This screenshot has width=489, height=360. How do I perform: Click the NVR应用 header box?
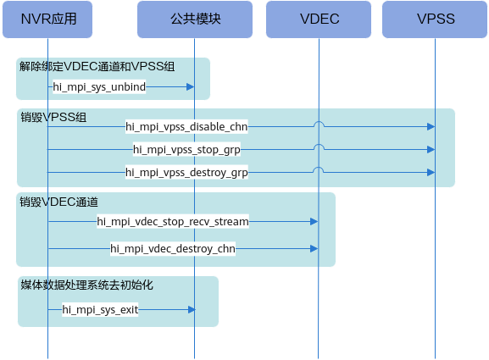(47, 19)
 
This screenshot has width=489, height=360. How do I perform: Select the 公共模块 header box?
(195, 19)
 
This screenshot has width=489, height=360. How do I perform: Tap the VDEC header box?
(319, 19)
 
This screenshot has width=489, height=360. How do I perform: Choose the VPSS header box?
(435, 19)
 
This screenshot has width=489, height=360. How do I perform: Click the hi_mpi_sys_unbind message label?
(99, 86)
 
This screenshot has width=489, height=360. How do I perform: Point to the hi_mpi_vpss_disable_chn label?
(186, 126)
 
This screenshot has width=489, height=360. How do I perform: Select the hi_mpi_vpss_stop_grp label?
(186, 150)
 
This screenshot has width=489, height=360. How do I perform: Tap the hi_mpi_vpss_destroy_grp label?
(186, 172)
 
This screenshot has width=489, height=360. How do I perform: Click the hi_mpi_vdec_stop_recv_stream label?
(173, 222)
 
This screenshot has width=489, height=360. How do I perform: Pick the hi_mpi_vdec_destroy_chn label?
(173, 249)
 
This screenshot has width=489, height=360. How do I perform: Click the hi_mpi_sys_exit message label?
(100, 310)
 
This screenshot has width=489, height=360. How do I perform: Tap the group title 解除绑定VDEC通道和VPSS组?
(97, 66)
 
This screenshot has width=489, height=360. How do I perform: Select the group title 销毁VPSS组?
(53, 117)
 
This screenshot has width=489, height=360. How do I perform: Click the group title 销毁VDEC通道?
(59, 202)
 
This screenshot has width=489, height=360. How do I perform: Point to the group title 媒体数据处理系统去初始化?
(87, 285)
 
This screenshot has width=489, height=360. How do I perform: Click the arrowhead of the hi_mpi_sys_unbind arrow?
(190, 86)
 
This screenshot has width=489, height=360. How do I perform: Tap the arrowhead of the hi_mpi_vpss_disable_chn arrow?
(431, 126)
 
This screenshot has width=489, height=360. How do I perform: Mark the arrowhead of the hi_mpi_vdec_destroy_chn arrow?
(314, 249)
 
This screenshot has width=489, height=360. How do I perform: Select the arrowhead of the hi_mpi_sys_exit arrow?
(192, 310)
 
